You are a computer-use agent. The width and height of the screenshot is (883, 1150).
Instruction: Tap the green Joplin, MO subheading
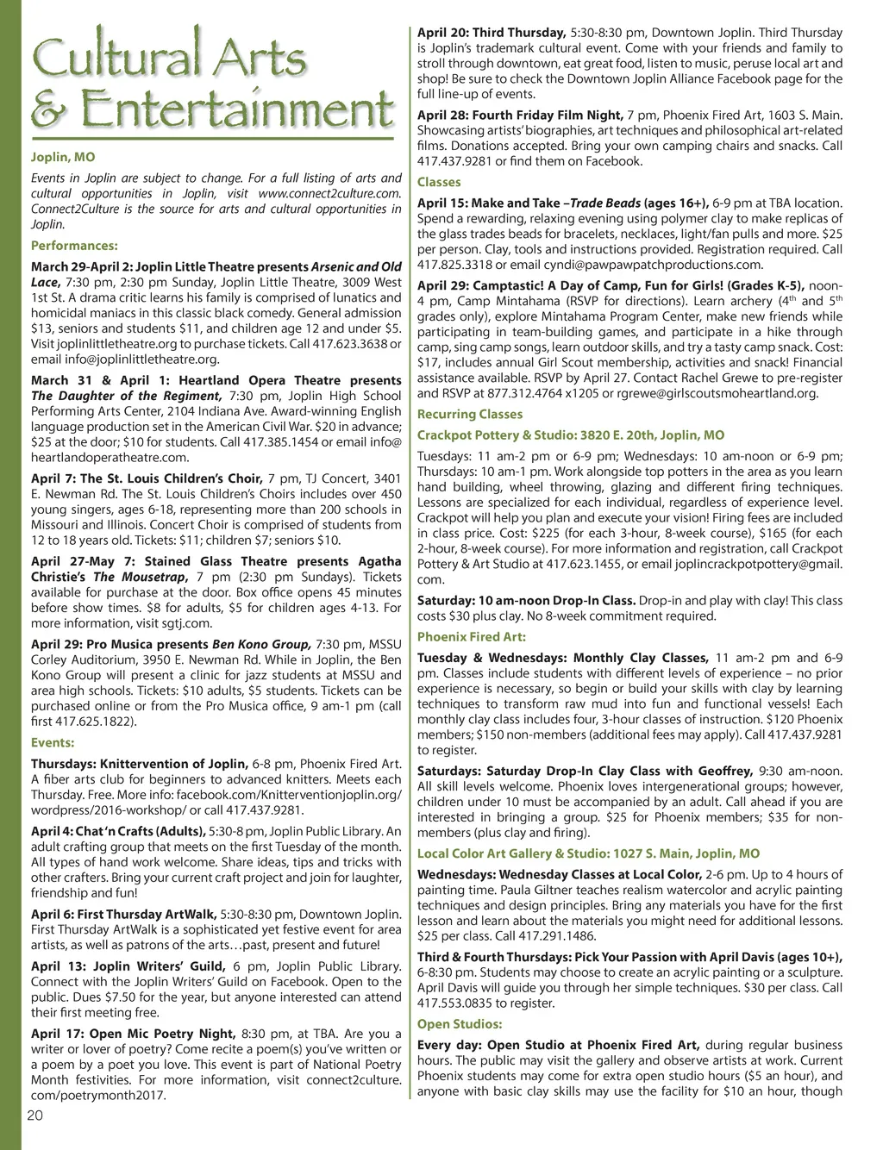coord(63,157)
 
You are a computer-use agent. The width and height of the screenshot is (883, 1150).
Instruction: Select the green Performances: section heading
coord(74,245)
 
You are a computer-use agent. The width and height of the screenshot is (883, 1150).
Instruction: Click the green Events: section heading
coord(53,742)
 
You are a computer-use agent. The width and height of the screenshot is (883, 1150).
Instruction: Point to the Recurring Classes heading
coord(470,414)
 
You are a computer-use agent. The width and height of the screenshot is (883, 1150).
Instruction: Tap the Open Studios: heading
coord(460,1024)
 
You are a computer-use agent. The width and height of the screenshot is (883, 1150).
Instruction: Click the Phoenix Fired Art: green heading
coord(472,637)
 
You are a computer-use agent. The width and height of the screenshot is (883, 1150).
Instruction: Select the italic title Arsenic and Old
coord(356,266)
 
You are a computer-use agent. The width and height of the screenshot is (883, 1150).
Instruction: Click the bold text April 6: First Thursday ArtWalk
coord(124,913)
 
